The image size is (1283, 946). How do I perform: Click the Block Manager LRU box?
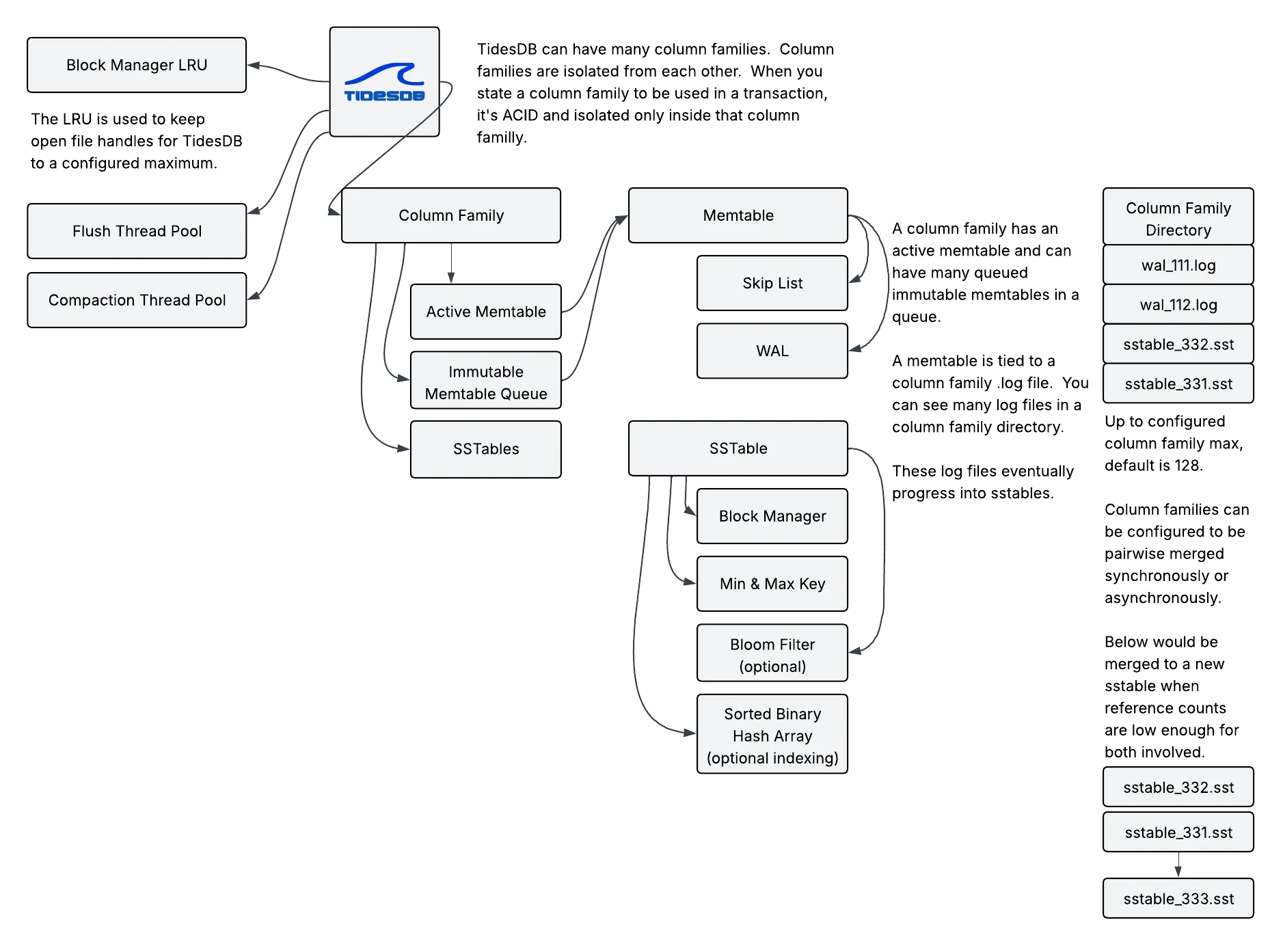pyautogui.click(x=137, y=65)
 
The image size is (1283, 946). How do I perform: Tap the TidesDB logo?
pyautogui.click(x=384, y=82)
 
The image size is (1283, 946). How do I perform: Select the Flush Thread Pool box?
pyautogui.click(x=137, y=231)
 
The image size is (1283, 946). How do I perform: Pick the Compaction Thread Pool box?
pyautogui.click(x=137, y=300)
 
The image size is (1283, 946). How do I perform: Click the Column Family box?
pyautogui.click(x=451, y=215)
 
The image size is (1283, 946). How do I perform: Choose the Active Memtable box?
pyautogui.click(x=486, y=312)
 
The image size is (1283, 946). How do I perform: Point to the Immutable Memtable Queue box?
pyautogui.click(x=486, y=382)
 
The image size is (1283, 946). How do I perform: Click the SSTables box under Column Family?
pyautogui.click(x=486, y=449)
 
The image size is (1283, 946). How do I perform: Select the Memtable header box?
pyautogui.click(x=738, y=215)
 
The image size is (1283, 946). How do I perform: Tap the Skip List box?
pyautogui.click(x=772, y=283)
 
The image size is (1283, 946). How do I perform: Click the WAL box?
pyautogui.click(x=772, y=351)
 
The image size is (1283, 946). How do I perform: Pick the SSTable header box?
pyautogui.click(x=738, y=448)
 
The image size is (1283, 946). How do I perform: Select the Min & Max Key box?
pyautogui.click(x=772, y=584)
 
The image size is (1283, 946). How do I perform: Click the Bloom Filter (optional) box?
pyautogui.click(x=772, y=655)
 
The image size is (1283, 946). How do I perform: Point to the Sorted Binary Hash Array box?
pyautogui.click(x=772, y=735)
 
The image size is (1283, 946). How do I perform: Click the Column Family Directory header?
pyautogui.click(x=1178, y=219)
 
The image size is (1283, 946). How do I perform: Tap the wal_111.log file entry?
pyautogui.click(x=1178, y=265)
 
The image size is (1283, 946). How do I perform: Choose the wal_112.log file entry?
pyautogui.click(x=1178, y=305)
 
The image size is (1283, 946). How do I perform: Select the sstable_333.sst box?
pyautogui.click(x=1178, y=899)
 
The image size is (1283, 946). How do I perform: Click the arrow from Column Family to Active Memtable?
pyautogui.click(x=450, y=264)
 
